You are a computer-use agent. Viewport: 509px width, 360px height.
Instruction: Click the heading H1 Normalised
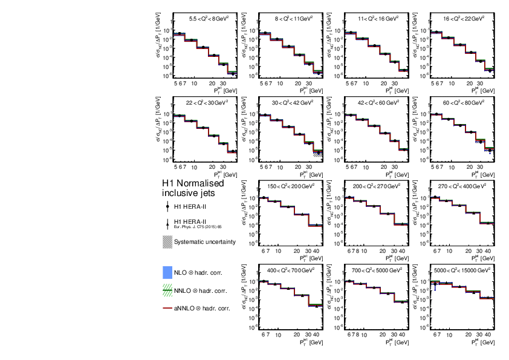pyautogui.click(x=192, y=183)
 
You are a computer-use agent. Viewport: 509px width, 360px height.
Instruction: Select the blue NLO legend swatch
pyautogui.click(x=167, y=273)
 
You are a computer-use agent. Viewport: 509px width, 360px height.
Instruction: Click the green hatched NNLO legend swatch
pyautogui.click(x=167, y=291)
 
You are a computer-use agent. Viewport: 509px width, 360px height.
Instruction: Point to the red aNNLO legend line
pyautogui.click(x=167, y=309)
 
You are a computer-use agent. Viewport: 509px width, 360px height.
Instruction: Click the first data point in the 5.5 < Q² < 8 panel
pyautogui.click(x=180, y=34)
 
